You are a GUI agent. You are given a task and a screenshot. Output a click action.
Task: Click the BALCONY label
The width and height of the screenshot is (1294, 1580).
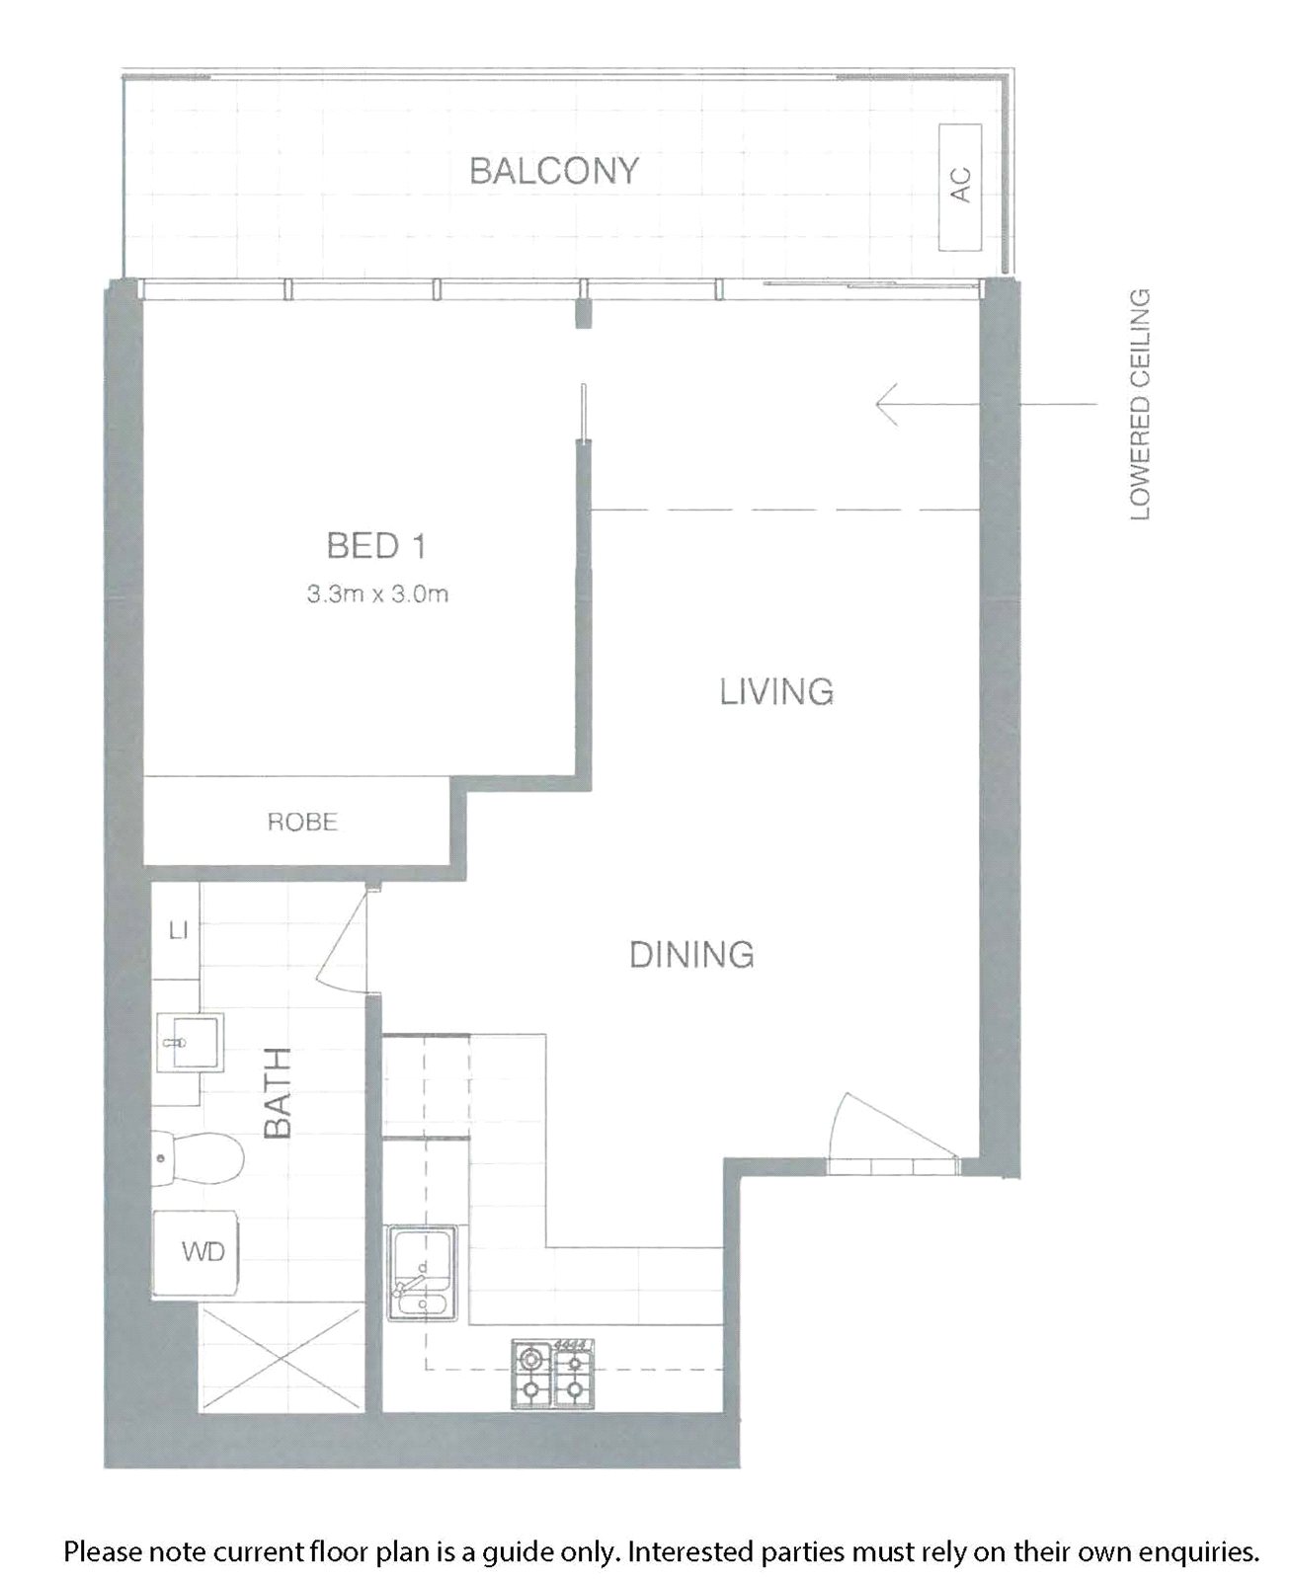pos(554,171)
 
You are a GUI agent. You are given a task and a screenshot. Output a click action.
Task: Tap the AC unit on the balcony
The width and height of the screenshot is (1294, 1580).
pos(960,188)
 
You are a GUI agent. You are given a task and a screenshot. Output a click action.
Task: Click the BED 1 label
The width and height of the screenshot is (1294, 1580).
pos(376,545)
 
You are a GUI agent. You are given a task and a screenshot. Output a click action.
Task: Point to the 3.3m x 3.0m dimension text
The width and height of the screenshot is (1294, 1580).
pos(377,594)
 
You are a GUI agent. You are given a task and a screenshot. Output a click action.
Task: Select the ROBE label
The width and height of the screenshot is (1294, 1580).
pos(302,822)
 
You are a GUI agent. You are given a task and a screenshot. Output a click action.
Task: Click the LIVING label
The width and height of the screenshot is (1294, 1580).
pos(776,691)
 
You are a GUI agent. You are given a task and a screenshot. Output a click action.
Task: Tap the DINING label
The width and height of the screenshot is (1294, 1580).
pos(691,955)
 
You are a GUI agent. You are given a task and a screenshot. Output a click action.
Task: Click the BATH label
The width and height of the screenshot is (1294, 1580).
pos(279,1094)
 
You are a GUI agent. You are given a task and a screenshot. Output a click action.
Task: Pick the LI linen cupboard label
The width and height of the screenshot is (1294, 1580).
pos(179,930)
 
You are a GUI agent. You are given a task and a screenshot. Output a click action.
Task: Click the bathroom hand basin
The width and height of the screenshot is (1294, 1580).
pos(194,1042)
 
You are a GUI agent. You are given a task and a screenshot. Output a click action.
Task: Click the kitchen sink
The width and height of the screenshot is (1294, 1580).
pos(422,1274)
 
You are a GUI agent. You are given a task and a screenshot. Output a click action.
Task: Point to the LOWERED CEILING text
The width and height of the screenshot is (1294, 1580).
pos(1139,405)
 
